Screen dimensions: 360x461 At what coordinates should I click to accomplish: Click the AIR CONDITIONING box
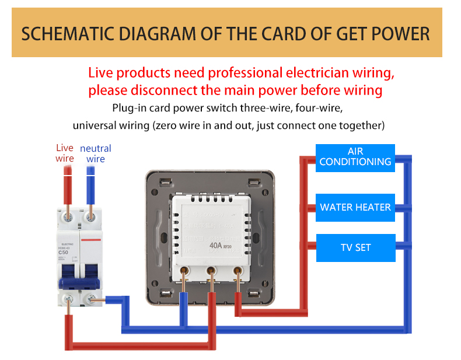pyautogui.click(x=355, y=158)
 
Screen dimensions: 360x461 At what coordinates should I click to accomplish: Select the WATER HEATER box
pyautogui.click(x=355, y=208)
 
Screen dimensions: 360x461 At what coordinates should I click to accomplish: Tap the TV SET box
pyautogui.click(x=355, y=247)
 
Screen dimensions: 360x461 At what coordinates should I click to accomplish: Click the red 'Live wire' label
pyautogui.click(x=65, y=153)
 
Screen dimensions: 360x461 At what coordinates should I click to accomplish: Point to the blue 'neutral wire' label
pyautogui.click(x=95, y=153)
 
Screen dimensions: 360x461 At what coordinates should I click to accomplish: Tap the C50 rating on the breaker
pyautogui.click(x=64, y=252)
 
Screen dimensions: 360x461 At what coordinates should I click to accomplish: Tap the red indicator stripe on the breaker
pyautogui.click(x=90, y=239)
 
